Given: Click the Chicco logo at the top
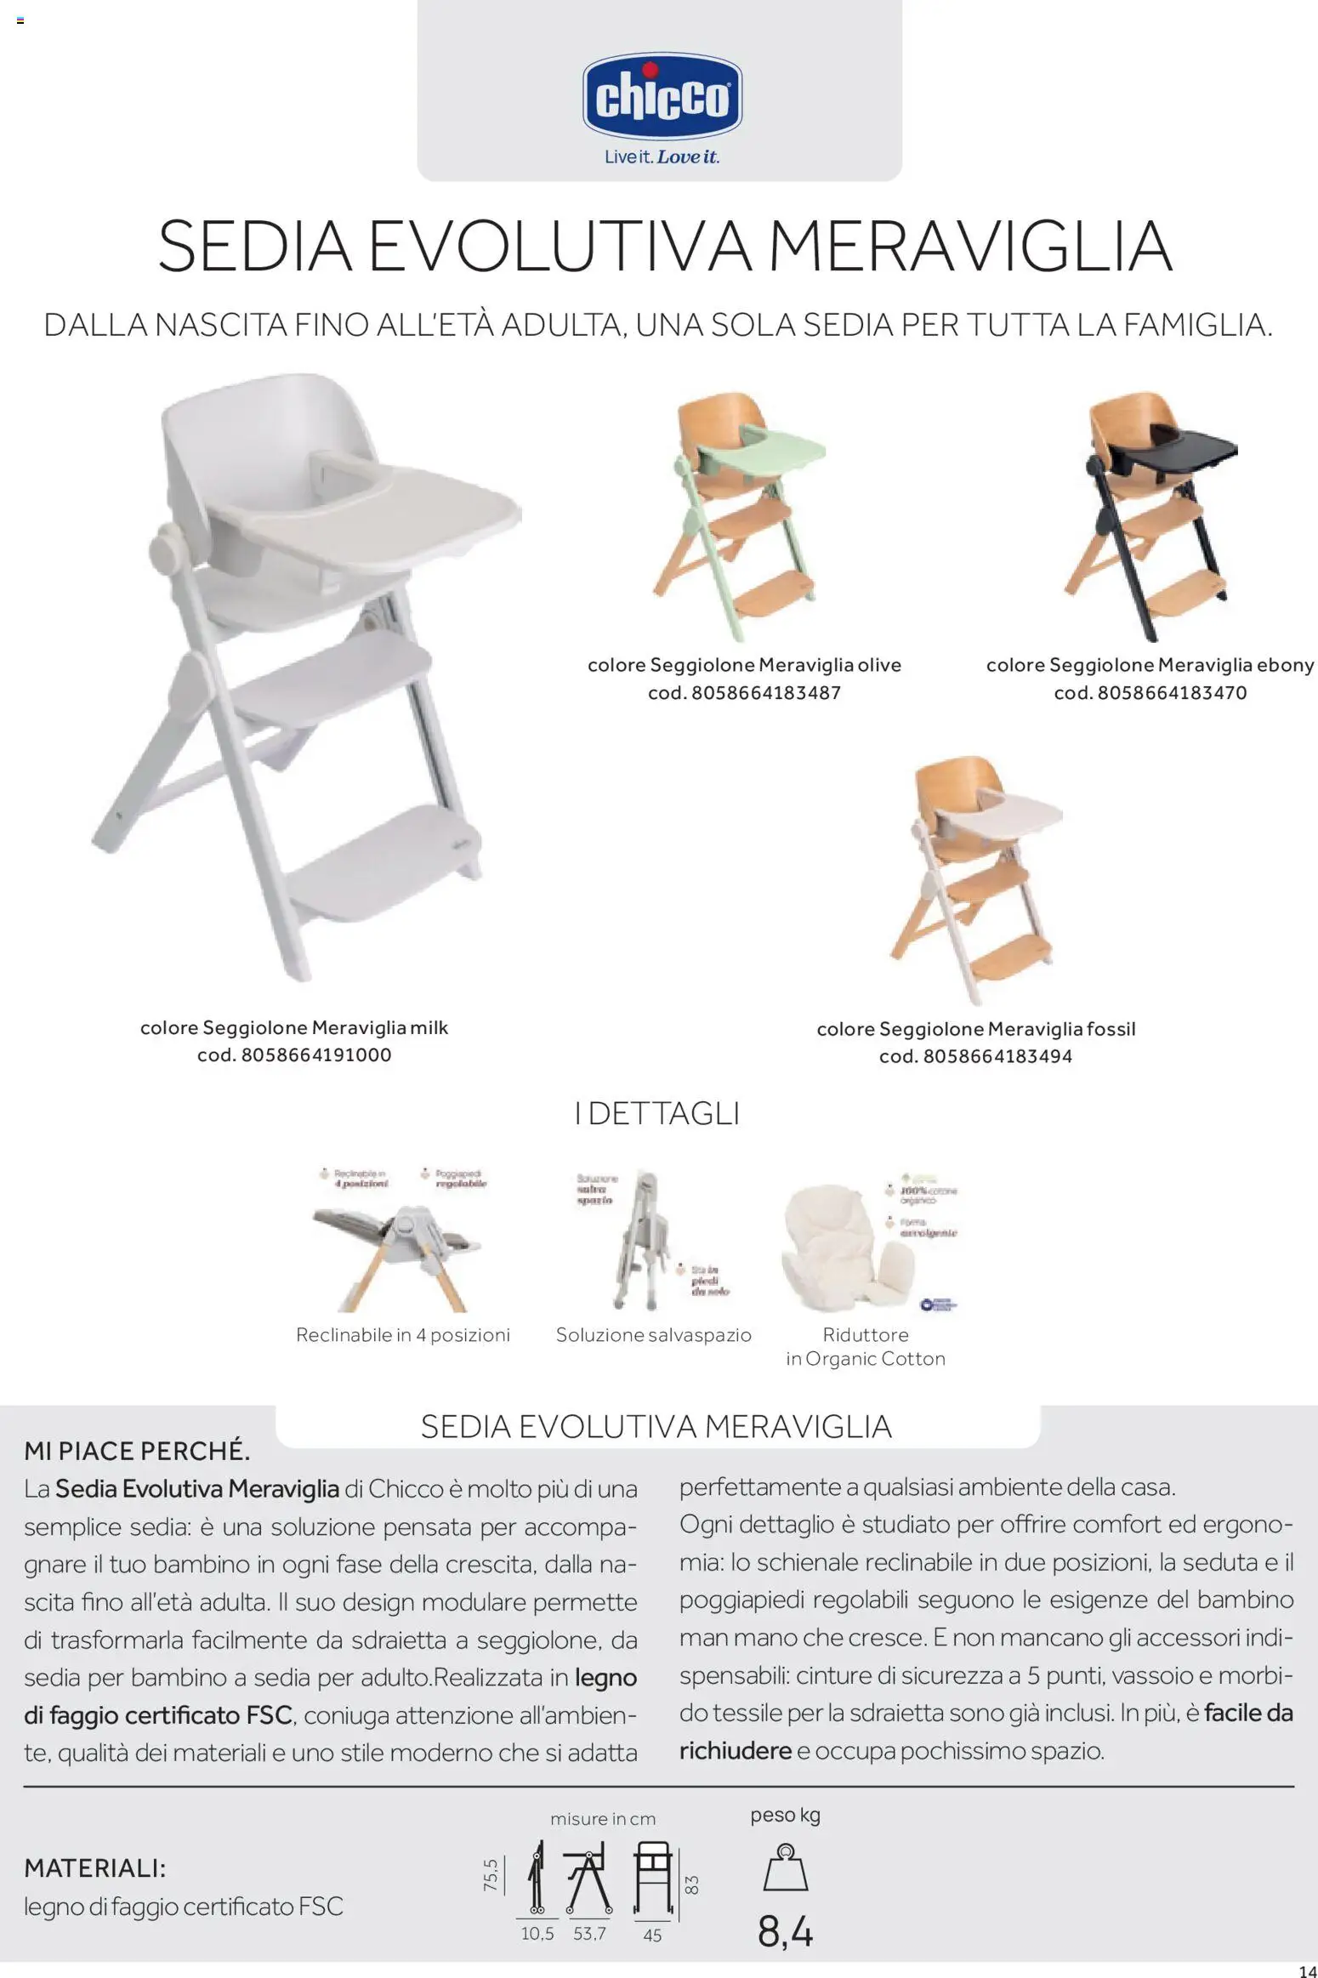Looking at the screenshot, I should (x=662, y=99).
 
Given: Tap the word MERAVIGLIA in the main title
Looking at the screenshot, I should (x=969, y=247).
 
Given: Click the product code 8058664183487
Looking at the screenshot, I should (x=765, y=693).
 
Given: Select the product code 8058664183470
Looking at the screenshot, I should (x=1172, y=693).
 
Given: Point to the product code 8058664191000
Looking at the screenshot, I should (x=316, y=1055).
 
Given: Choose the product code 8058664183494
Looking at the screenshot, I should (x=997, y=1057).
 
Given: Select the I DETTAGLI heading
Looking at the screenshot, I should (x=656, y=1114).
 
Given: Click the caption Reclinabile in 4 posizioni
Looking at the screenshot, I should (x=402, y=1335).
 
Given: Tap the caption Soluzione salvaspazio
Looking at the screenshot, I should (x=653, y=1335).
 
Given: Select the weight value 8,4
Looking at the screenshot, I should (x=785, y=1932).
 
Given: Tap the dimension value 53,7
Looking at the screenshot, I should (x=589, y=1934).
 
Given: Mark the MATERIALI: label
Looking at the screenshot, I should (x=94, y=1868).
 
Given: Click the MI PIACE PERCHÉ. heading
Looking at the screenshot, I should (x=137, y=1451).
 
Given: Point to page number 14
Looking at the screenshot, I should (x=1307, y=1965).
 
